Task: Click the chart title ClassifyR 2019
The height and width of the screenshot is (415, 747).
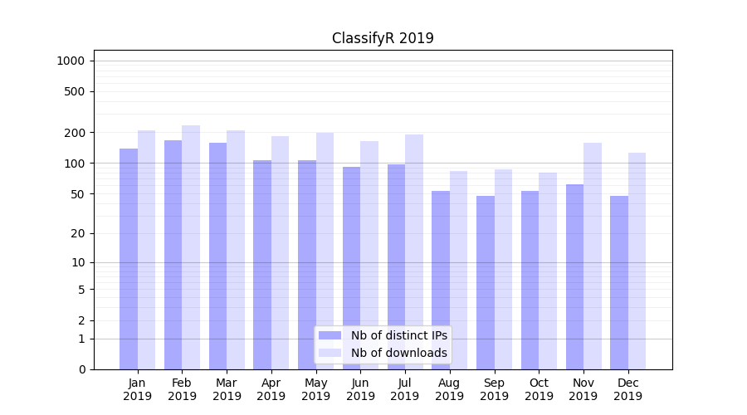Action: [x=383, y=38]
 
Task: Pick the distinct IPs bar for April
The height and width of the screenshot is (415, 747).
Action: [x=262, y=265]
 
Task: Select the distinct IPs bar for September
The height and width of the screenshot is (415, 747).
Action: [x=486, y=282]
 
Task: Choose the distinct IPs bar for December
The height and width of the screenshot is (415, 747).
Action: [x=619, y=282]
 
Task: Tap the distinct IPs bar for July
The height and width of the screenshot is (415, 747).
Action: [x=396, y=266]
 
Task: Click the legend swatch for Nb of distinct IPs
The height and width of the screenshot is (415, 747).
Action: [x=330, y=335]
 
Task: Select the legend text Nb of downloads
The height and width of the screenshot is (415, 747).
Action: [x=399, y=353]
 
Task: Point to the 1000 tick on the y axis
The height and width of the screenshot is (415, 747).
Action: [x=71, y=61]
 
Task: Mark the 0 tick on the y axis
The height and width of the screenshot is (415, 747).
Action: [x=81, y=369]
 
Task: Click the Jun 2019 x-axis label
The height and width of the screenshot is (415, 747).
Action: [x=360, y=389]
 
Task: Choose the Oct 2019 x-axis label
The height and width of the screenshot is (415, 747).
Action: [x=539, y=389]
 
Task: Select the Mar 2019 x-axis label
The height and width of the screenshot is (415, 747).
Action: [x=227, y=389]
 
